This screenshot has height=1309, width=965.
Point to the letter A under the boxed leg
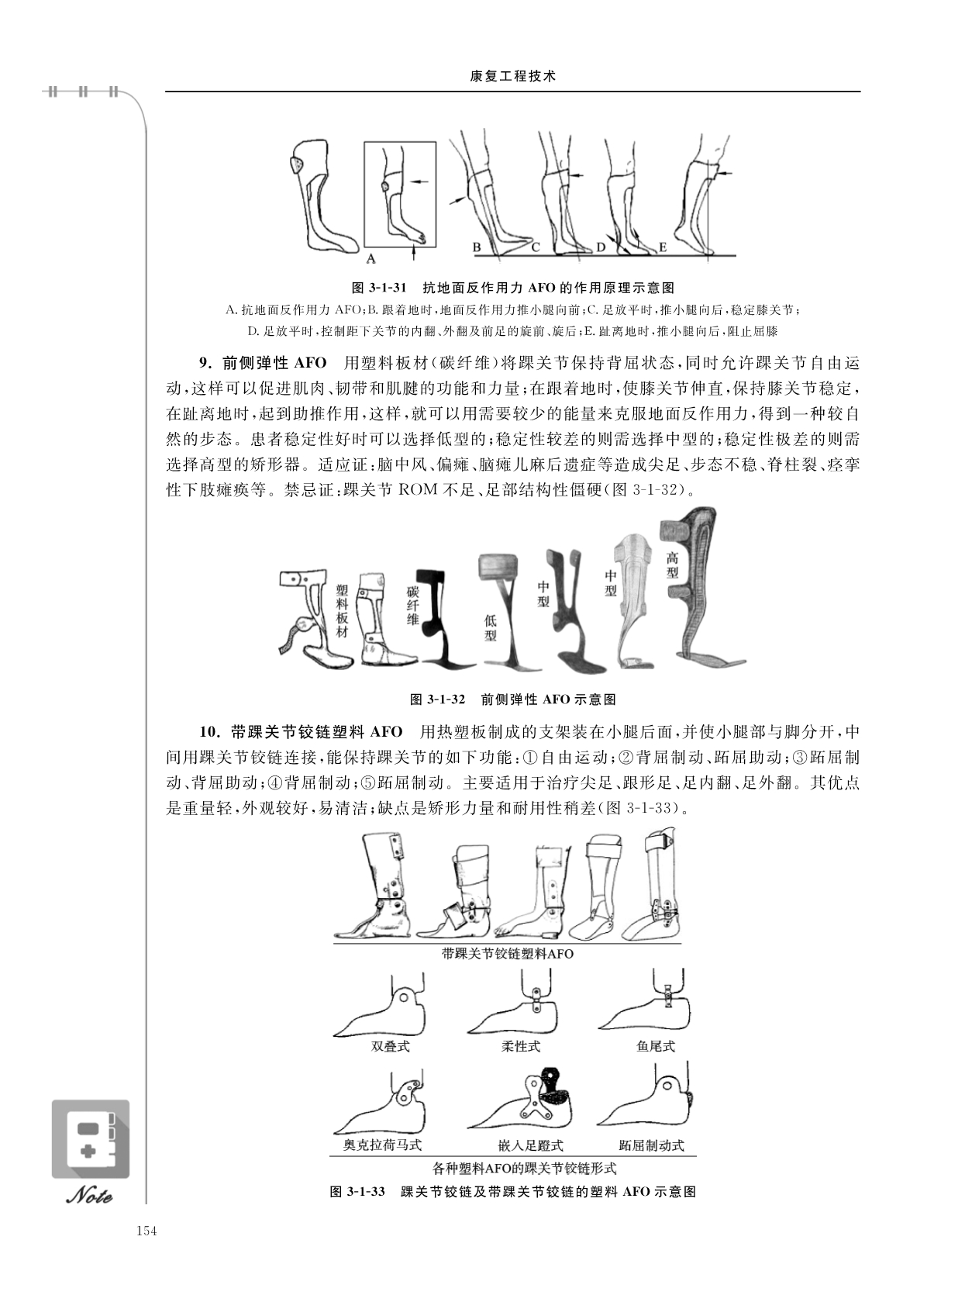coord(370,258)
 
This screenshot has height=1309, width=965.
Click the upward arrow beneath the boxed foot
coord(414,253)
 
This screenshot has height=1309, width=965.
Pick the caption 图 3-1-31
coord(379,288)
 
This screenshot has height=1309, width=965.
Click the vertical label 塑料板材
coord(342,610)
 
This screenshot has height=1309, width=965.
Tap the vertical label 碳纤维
coord(413,605)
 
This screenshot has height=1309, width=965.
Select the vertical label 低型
coord(490,628)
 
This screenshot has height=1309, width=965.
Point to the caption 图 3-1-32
coord(437,699)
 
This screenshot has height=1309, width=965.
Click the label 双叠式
coord(391,1047)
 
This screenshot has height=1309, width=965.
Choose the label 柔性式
coord(521,1047)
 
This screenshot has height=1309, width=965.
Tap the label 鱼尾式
coord(656,1047)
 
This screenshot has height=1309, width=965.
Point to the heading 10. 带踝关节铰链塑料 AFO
coord(301,731)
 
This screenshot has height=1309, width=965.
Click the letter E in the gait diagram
coord(663,247)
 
